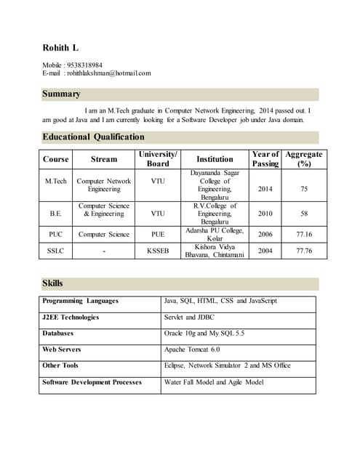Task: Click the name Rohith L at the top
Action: point(60,49)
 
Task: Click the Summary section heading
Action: point(61,94)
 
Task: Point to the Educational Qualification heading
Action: point(93,137)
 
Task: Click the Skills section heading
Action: point(53,283)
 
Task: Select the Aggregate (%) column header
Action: point(303,158)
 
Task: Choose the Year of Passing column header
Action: point(265,158)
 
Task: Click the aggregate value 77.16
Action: point(303,235)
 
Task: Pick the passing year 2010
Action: point(265,214)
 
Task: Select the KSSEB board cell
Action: point(158,251)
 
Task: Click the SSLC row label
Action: point(56,251)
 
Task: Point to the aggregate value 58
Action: point(303,214)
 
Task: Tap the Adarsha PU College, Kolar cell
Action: point(215,235)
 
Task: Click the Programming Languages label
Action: point(80,301)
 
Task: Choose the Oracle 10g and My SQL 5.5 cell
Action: point(206,333)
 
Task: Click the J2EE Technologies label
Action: point(71,318)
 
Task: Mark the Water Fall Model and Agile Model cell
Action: point(214,382)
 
